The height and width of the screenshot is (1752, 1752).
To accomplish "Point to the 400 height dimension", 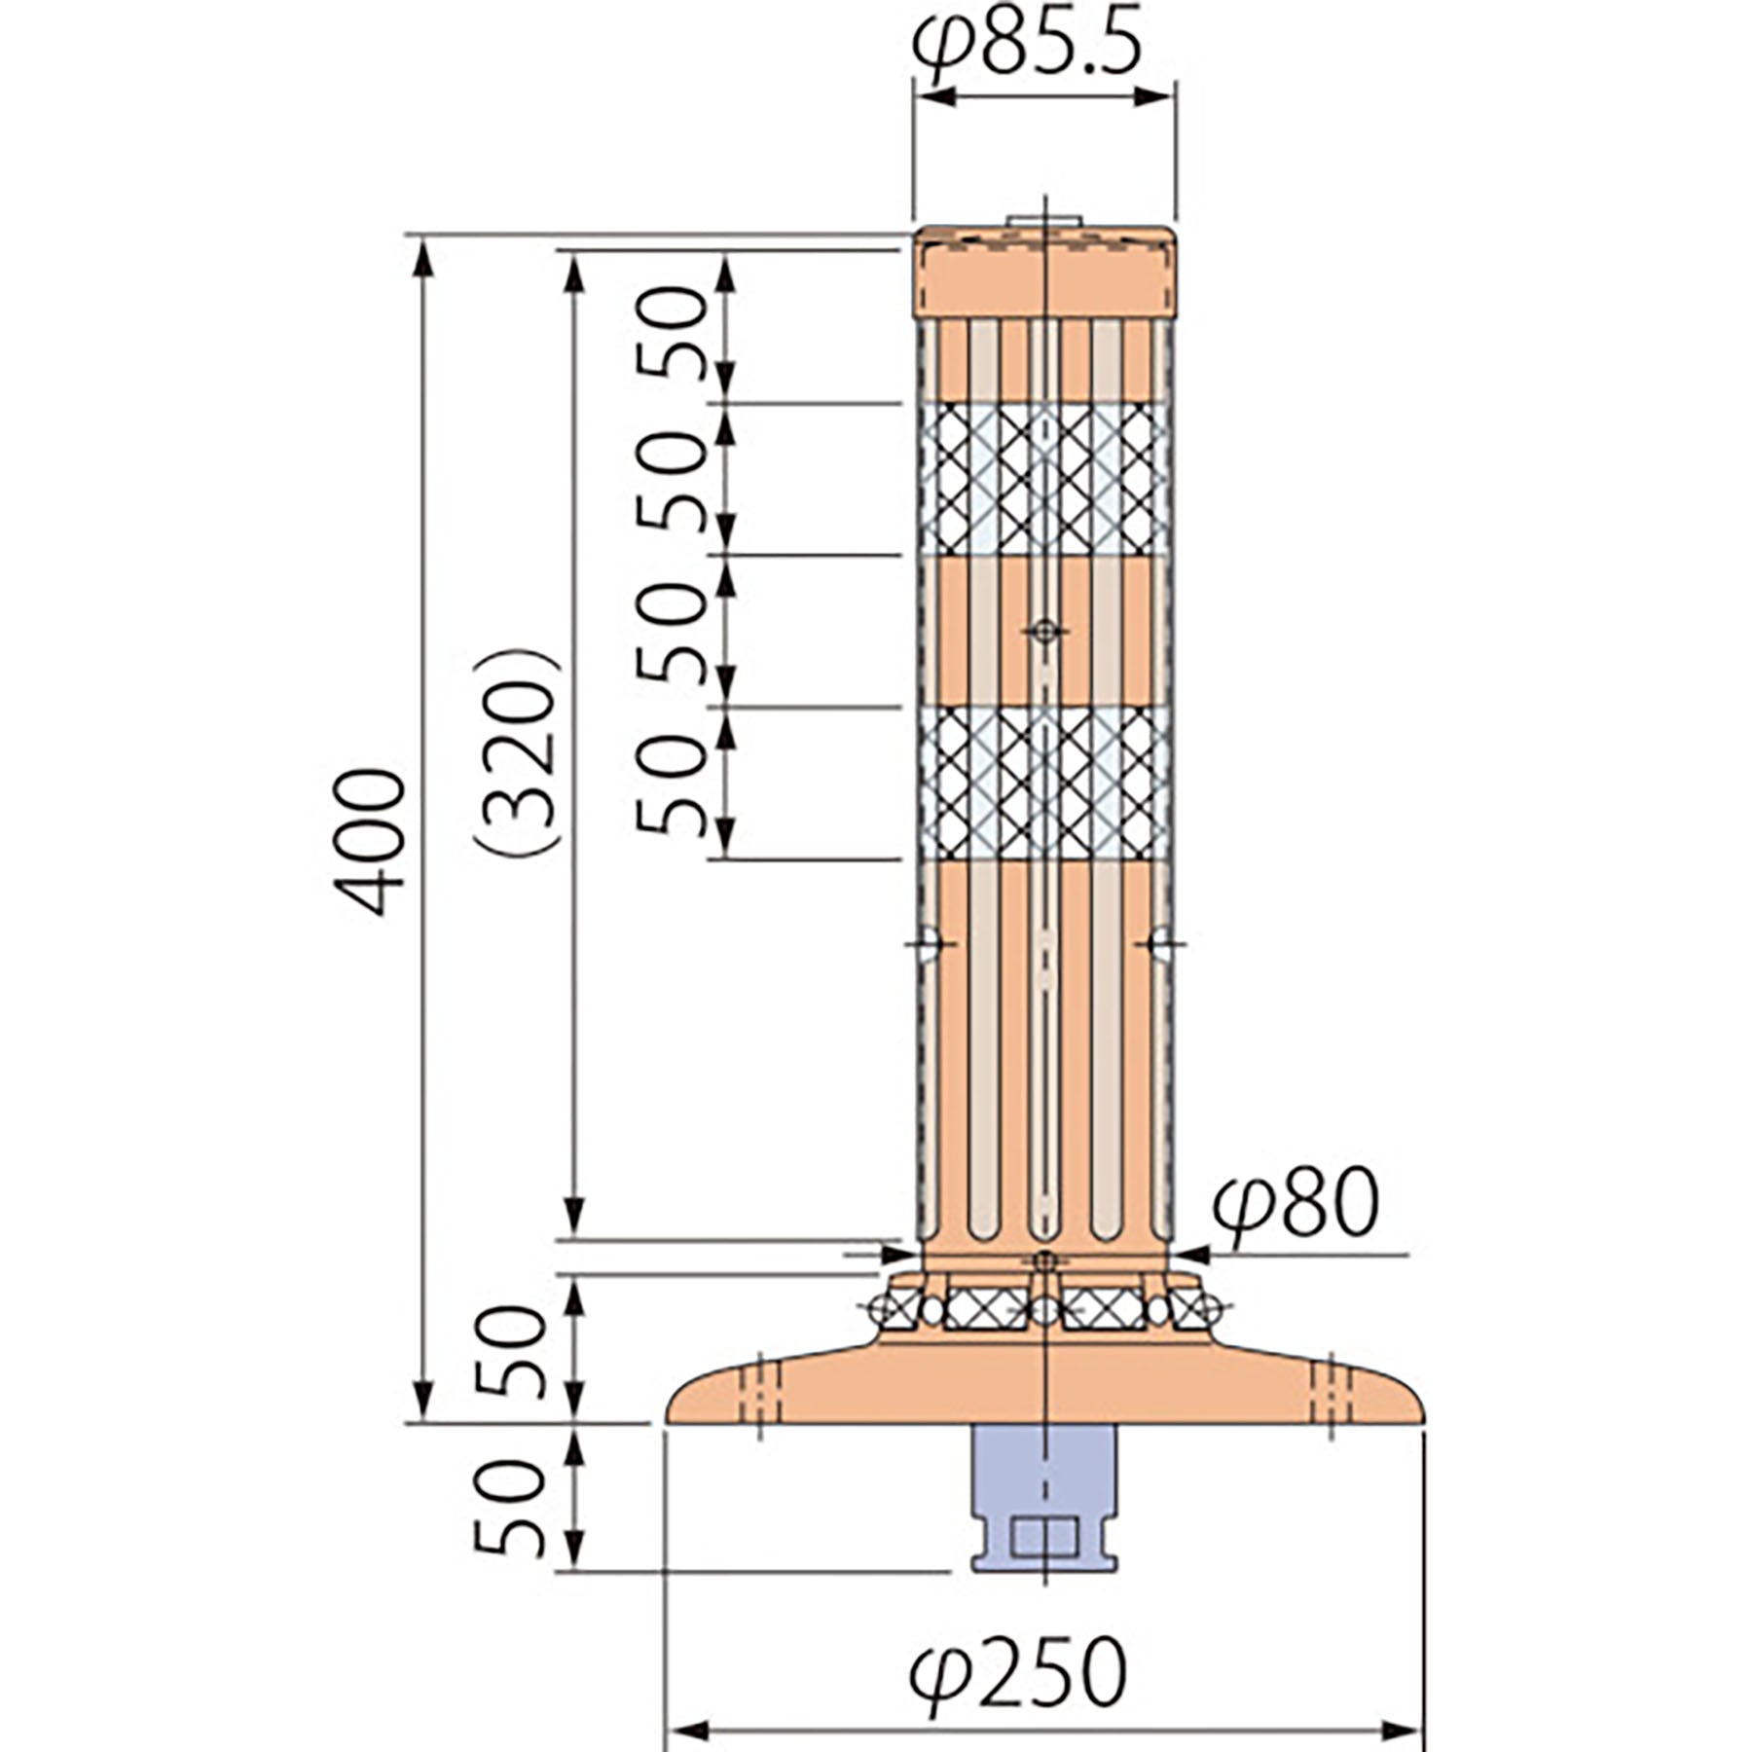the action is (369, 841).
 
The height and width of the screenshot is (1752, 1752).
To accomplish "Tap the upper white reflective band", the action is (1043, 479).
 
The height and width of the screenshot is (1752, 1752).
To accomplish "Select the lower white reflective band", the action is (1043, 784).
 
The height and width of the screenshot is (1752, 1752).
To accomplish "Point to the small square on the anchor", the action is (1044, 1537).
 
